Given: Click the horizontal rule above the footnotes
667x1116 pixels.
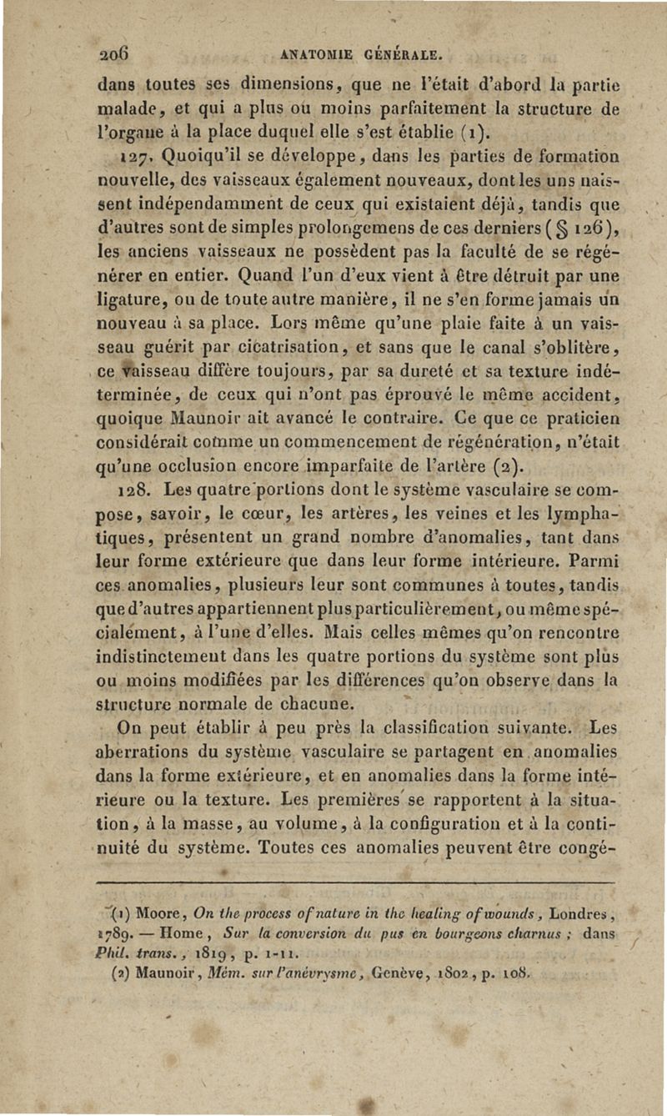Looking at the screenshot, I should pos(355,880).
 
